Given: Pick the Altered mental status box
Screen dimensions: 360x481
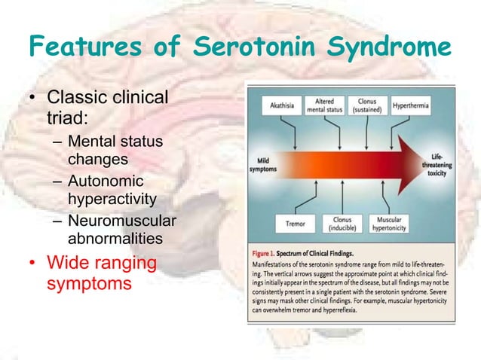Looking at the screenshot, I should (324, 106).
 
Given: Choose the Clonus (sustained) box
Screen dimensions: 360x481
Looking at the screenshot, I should (368, 106).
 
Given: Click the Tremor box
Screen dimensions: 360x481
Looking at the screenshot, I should (296, 224).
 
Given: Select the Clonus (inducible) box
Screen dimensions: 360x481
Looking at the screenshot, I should (342, 224).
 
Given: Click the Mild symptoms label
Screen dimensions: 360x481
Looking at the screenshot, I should (263, 164).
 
